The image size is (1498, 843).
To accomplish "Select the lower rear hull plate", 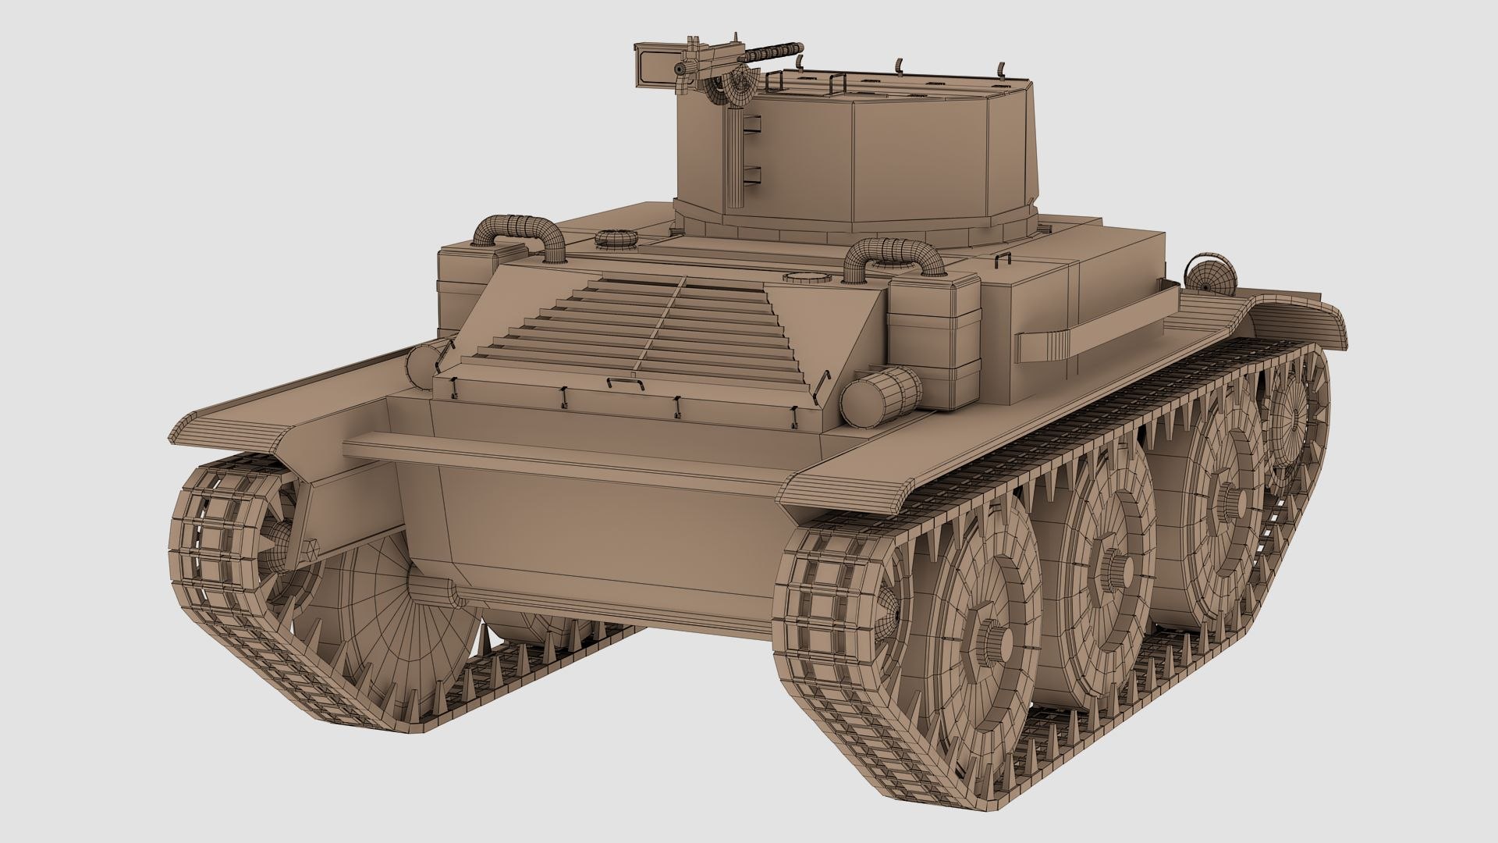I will pos(593,546).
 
